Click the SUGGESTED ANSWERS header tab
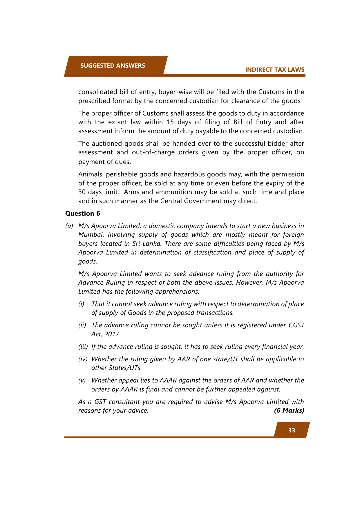pos(113,66)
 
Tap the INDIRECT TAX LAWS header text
pos(275,70)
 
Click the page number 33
pos(292,430)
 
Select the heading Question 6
pos(83,214)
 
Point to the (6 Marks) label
pos(289,410)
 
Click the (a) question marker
pos(69,226)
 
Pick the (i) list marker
pos(81,304)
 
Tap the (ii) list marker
pos(82,325)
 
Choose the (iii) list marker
pos(83,346)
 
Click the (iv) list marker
pos(83,359)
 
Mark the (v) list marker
pos(82,380)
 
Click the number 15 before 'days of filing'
pos(170,122)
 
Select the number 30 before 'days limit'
pos(82,192)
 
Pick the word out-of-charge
pos(153,152)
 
